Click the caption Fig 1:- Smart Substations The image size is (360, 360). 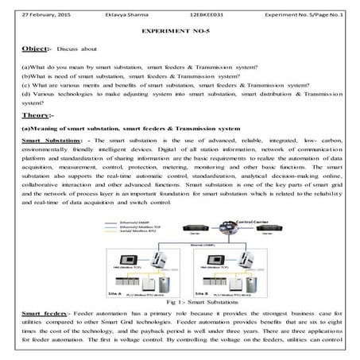[x=180, y=304]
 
